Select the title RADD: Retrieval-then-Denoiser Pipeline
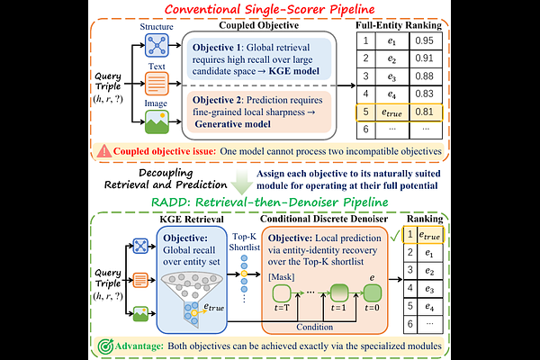270,202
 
